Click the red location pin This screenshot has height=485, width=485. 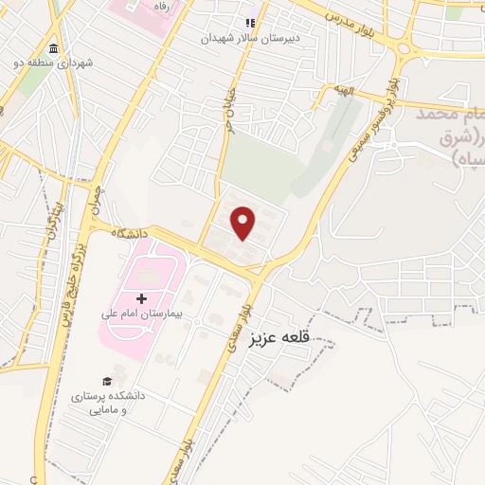pyautogui.click(x=244, y=223)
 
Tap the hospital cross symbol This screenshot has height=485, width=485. pyautogui.click(x=142, y=298)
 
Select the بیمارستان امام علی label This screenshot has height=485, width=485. pyautogui.click(x=142, y=313)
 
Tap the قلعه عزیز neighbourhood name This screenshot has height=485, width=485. pyautogui.click(x=280, y=335)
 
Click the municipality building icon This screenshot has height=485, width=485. pyautogui.click(x=52, y=49)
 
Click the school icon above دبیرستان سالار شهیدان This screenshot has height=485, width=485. pyautogui.click(x=251, y=24)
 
